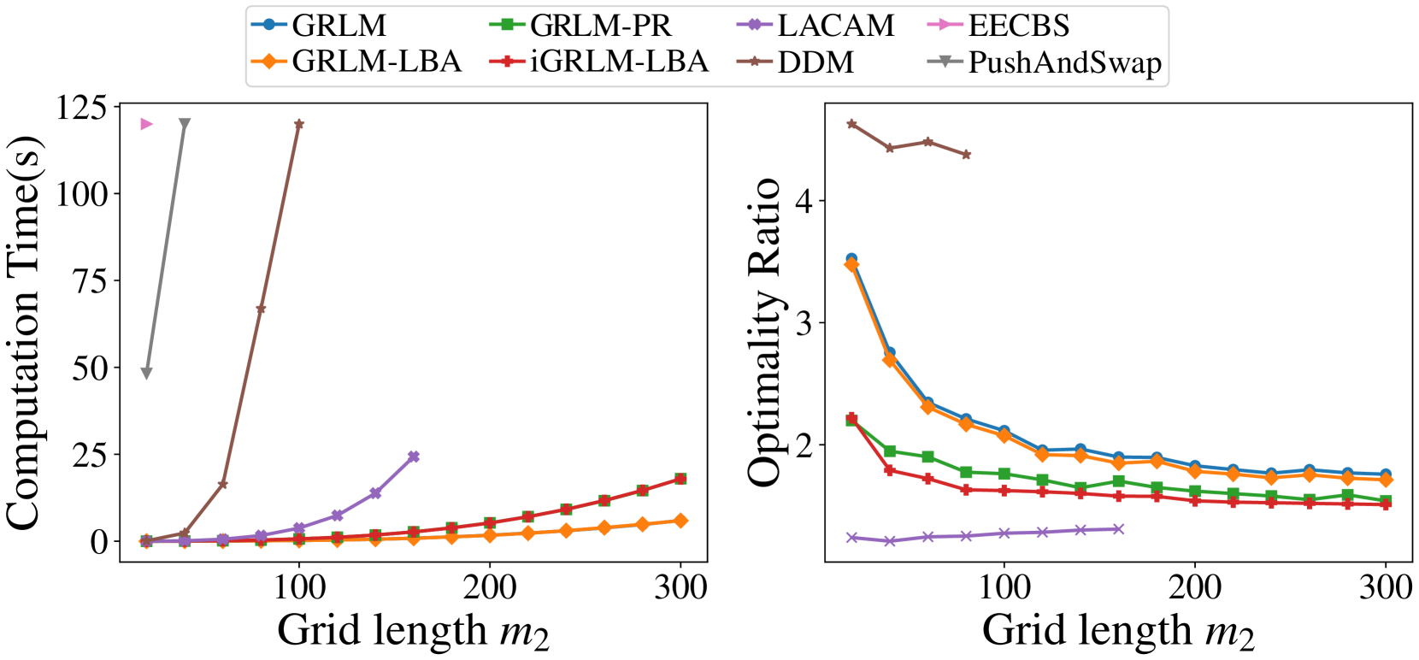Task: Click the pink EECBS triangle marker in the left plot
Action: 146,124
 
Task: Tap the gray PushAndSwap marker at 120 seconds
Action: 184,124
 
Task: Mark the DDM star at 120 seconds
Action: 298,124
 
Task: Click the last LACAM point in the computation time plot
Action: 414,457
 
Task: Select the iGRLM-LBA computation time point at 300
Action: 680,479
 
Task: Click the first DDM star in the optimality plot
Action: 851,124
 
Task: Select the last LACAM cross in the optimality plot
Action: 1118,529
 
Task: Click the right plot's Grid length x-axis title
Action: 1118,631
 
